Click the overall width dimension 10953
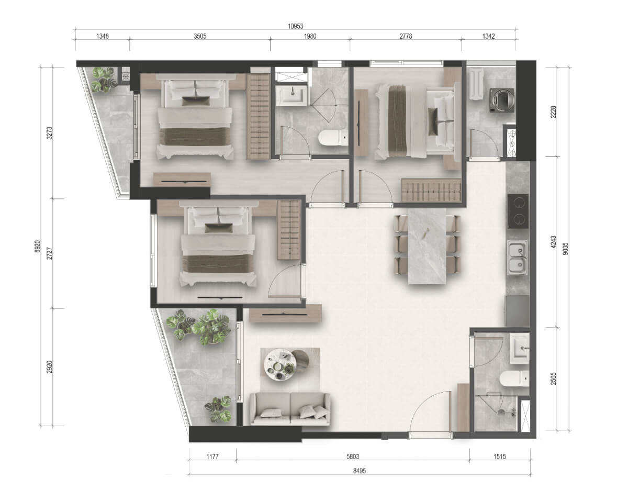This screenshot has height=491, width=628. point(295,26)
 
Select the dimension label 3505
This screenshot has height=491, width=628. point(200,36)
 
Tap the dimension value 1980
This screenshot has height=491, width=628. point(310,36)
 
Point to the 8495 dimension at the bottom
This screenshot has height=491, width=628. point(360,471)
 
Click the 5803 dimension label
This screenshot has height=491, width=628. point(353,456)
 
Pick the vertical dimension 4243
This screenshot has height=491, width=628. point(553,242)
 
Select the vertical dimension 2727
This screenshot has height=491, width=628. point(50,253)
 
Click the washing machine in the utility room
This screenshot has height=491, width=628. point(502,100)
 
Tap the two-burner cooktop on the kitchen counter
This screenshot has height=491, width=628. point(518,211)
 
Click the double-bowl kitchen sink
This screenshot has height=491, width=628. point(517,258)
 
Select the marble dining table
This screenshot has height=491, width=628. point(427,246)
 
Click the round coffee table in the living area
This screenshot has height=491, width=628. point(281,365)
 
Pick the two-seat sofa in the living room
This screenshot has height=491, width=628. point(290,409)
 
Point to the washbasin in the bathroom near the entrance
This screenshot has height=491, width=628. point(520,349)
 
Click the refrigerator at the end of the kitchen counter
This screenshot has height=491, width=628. point(517,311)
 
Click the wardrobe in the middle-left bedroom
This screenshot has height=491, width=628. point(289,230)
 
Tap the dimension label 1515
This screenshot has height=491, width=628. point(500,456)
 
